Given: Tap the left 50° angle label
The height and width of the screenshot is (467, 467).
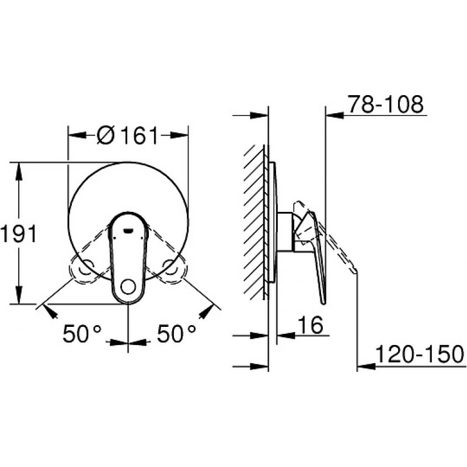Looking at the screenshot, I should coord(82,334).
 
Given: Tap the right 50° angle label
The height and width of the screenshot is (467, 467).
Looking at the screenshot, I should coord(176,334).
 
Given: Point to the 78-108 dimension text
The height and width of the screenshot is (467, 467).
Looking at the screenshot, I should coord(385,105).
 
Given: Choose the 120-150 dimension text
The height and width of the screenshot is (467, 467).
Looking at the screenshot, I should coord(419,354).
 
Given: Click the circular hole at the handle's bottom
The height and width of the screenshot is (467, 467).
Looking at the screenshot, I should coord(127,287).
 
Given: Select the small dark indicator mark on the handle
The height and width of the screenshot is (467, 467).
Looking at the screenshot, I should coord(128,231).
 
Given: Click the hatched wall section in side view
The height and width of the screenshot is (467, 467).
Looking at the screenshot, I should coord(255,222).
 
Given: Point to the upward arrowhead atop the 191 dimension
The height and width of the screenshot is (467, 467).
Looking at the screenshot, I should coord(19,169).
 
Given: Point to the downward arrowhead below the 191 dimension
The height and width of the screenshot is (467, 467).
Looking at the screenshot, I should coord(19,298).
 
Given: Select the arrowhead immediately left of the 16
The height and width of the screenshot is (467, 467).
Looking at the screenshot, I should coord(285,336).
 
